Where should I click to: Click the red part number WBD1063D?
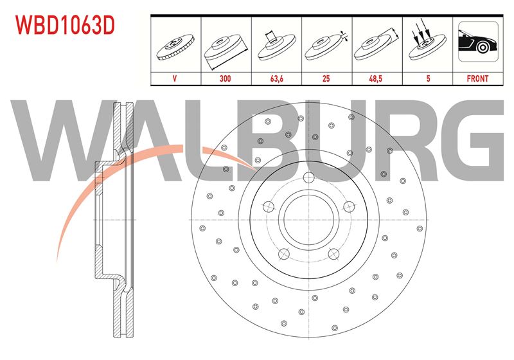(66, 26)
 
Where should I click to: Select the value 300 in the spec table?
(226, 78)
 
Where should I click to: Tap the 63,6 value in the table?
(277, 78)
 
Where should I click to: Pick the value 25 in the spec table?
(326, 78)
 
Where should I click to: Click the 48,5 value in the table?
(376, 78)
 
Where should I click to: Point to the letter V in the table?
(175, 78)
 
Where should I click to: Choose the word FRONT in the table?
(477, 78)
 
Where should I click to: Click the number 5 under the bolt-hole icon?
(428, 78)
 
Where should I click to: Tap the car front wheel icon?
(478, 41)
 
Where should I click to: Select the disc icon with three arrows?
(427, 41)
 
